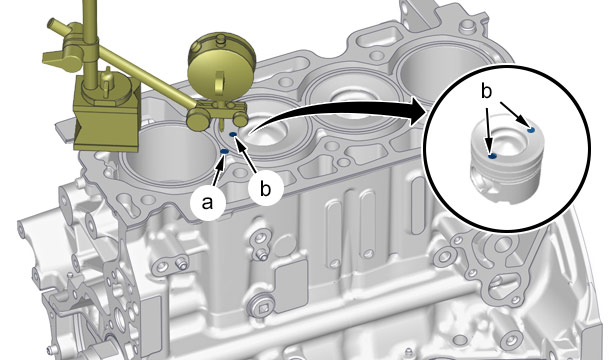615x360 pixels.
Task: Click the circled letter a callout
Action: coord(207,203)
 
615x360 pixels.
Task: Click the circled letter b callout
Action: coord(266,189)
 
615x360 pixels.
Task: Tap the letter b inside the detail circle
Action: coord(486,92)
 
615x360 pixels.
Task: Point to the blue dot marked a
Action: coord(225,151)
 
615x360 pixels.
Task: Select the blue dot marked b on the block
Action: coord(233,135)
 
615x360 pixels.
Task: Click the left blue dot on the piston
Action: coord(493,156)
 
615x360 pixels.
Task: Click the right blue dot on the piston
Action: coord(531,129)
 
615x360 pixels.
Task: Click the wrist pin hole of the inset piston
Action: coord(483,182)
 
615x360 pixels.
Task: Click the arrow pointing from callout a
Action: coord(218,170)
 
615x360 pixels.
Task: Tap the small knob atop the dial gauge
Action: coord(222,39)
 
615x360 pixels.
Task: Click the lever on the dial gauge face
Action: coord(219,81)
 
